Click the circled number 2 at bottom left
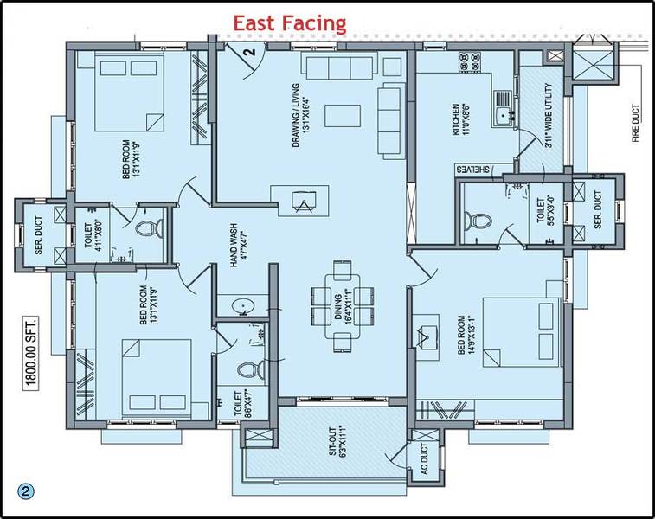point(27,490)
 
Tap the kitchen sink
point(502,114)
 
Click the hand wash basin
point(239,307)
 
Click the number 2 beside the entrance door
point(248,54)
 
